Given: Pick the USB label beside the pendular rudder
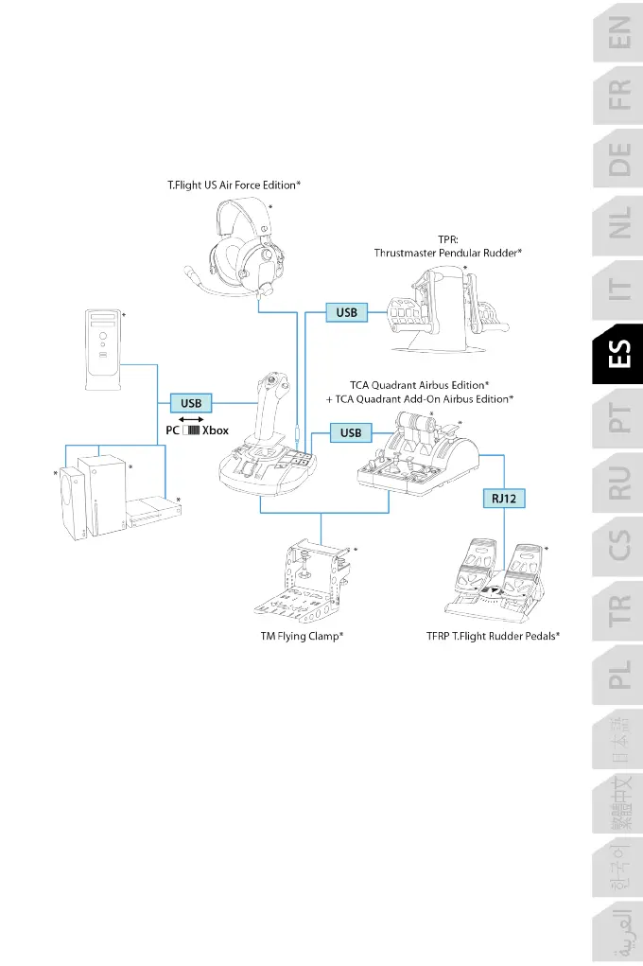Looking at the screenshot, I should pyautogui.click(x=345, y=311).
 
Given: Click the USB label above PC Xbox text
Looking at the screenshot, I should pyautogui.click(x=191, y=403).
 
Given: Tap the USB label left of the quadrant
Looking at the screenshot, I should pyautogui.click(x=350, y=432).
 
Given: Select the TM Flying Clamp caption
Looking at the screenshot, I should pyautogui.click(x=302, y=637).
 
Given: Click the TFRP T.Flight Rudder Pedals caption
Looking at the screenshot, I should pyautogui.click(x=494, y=637).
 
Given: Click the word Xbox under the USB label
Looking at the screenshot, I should pyautogui.click(x=215, y=430).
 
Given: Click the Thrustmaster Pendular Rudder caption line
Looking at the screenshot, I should pyautogui.click(x=449, y=253).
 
